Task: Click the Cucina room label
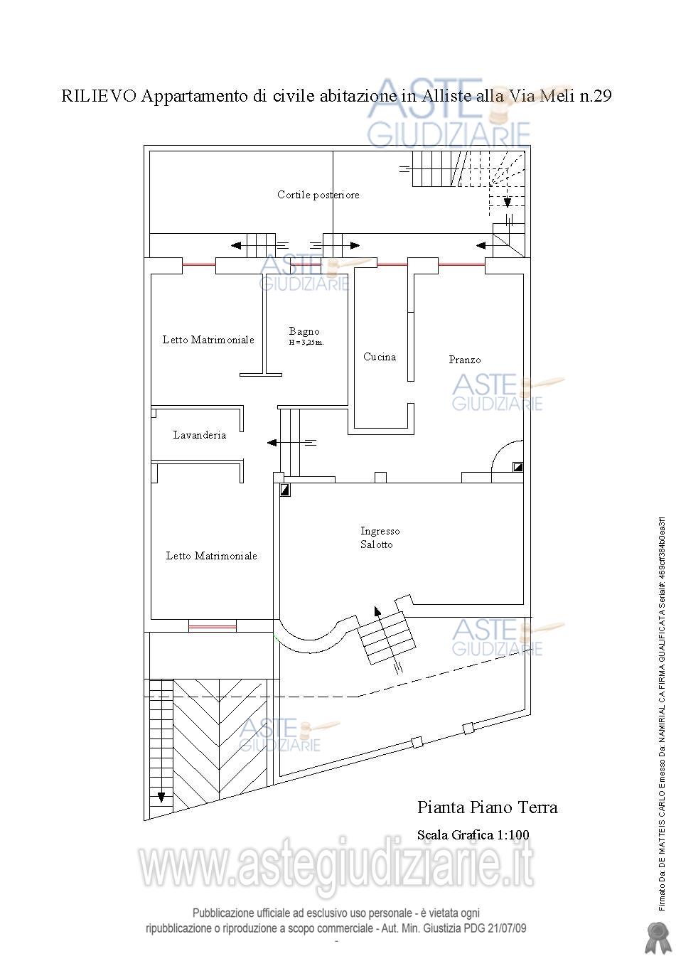(x=380, y=357)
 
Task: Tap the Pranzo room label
(x=465, y=360)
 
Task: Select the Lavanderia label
(x=199, y=435)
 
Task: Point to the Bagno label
(x=304, y=331)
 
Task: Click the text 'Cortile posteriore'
(x=318, y=195)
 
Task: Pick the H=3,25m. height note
(x=306, y=343)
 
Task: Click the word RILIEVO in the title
(x=99, y=96)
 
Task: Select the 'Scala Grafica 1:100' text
(x=473, y=834)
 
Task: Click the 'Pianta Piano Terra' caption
(x=488, y=807)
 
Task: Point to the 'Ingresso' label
(x=380, y=531)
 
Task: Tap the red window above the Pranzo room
(x=462, y=264)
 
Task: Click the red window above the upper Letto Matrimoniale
(x=199, y=264)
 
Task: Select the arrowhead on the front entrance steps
(x=377, y=611)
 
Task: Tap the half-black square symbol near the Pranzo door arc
(x=517, y=467)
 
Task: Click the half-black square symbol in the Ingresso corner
(x=285, y=490)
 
